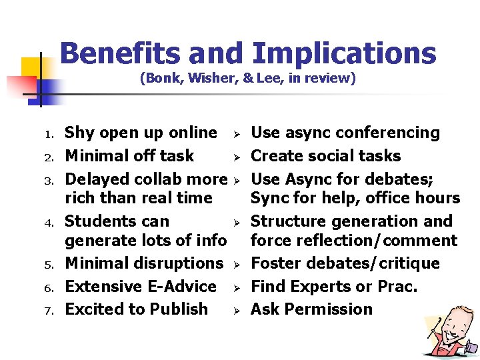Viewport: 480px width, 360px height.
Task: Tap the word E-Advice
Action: pyautogui.click(x=180, y=287)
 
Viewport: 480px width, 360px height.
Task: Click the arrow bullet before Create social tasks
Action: pyautogui.click(x=237, y=157)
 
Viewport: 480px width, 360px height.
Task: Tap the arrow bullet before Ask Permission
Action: pyautogui.click(x=237, y=310)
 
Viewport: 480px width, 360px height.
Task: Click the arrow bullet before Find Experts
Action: pyautogui.click(x=237, y=287)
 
